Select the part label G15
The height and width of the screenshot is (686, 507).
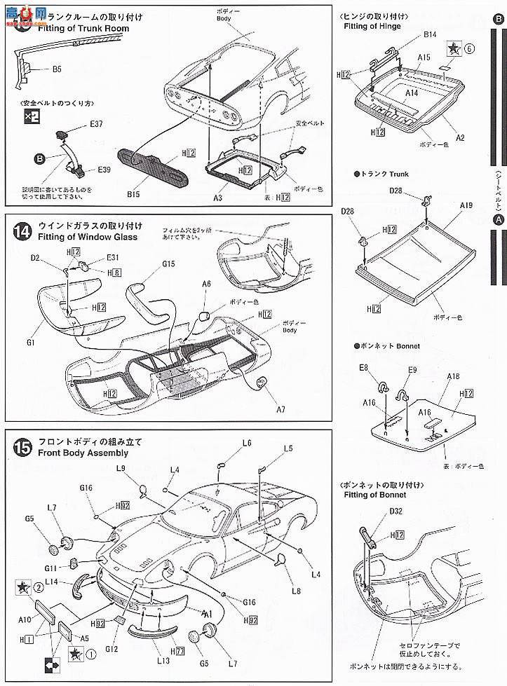[x=168, y=264]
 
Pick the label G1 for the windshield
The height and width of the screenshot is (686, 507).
[x=31, y=343]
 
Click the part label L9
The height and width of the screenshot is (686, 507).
[x=120, y=468]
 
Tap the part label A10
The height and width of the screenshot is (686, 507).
[x=25, y=619]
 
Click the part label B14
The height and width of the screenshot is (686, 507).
[x=429, y=34]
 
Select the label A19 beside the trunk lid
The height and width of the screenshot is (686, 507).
[x=466, y=205]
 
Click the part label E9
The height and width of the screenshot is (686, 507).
[x=412, y=369]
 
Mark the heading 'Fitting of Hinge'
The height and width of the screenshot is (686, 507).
[x=372, y=27]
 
